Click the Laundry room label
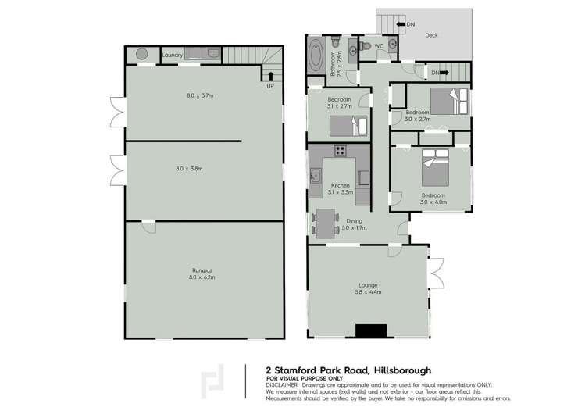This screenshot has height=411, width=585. pos(173,55)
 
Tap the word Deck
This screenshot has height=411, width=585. pos(430,35)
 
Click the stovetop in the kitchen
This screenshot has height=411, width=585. pos(341,151)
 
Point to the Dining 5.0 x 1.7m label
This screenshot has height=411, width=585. pos(354,225)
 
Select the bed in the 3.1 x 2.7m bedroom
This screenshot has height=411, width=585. pos(348,126)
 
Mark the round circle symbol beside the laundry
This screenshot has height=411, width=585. pos(142,54)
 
